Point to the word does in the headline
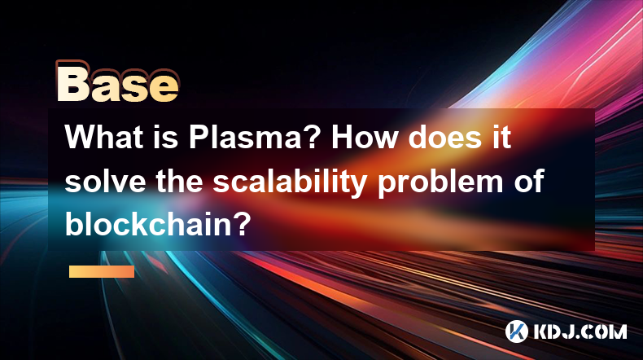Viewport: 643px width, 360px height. coord(445,137)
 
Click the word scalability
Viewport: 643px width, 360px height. coord(290,182)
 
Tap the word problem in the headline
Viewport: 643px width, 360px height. coord(440,182)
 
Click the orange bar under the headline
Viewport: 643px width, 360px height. coord(102,271)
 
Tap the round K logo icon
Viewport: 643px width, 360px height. coord(517,331)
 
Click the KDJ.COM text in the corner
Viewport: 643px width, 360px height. coord(580,331)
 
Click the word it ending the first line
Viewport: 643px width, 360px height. coord(501,137)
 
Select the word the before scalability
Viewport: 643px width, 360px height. coord(179,181)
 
